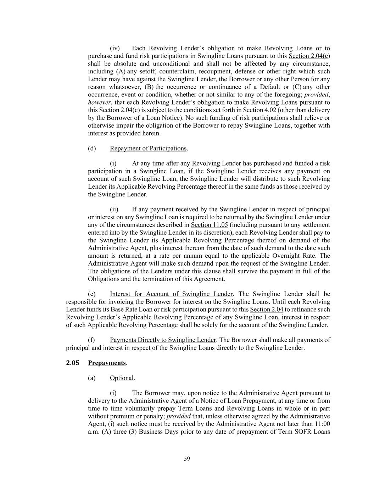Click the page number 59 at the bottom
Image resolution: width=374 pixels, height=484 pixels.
[x=187, y=459]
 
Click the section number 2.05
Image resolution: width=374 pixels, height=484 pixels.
[x=73, y=363]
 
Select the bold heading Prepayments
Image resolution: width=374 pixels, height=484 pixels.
[x=107, y=363]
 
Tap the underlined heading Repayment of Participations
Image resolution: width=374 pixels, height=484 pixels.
[x=148, y=148]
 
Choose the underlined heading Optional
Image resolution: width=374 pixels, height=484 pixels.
[x=122, y=378]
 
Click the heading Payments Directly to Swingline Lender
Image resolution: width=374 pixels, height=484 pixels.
[x=163, y=340]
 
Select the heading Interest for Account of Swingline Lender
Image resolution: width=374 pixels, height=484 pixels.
[x=171, y=294]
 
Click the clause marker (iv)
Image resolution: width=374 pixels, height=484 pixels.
[x=115, y=48]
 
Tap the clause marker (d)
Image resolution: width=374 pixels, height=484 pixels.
[x=92, y=148]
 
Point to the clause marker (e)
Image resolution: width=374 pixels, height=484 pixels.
[x=92, y=294]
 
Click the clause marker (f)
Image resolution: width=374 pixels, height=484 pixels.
[x=91, y=340]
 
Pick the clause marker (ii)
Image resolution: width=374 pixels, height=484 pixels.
[x=114, y=209]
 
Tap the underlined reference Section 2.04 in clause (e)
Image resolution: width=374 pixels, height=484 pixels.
[x=266, y=310]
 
